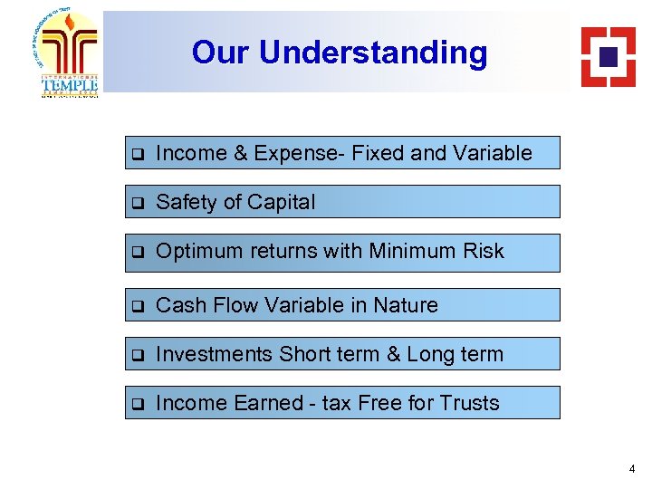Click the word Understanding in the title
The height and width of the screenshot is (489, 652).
coord(373,53)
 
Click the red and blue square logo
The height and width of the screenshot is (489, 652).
coord(609,56)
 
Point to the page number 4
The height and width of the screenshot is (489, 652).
coord(631,469)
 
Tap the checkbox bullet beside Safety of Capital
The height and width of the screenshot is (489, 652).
coord(138,203)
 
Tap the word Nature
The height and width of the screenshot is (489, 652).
coord(407,305)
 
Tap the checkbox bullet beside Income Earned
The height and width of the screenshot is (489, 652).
coord(138,404)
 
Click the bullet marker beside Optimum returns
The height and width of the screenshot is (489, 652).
coord(138,252)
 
